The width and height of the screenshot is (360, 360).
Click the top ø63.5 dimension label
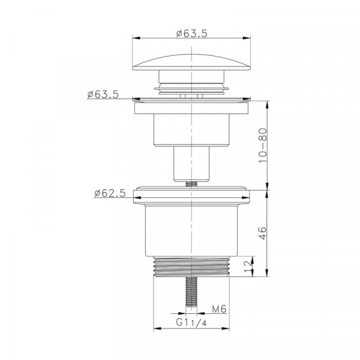point(192,34)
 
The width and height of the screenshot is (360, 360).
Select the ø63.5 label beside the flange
point(103,94)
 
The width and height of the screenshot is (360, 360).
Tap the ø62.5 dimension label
point(110,193)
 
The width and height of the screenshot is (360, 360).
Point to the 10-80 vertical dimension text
point(263,146)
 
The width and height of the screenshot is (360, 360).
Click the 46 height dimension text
point(263,233)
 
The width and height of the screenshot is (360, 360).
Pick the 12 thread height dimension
point(248,266)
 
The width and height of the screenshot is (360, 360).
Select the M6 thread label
point(219,309)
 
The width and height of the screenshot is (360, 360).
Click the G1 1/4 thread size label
point(191,323)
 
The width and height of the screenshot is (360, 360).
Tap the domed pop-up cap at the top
point(191,62)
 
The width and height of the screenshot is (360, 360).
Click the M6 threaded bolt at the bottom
point(191,292)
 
